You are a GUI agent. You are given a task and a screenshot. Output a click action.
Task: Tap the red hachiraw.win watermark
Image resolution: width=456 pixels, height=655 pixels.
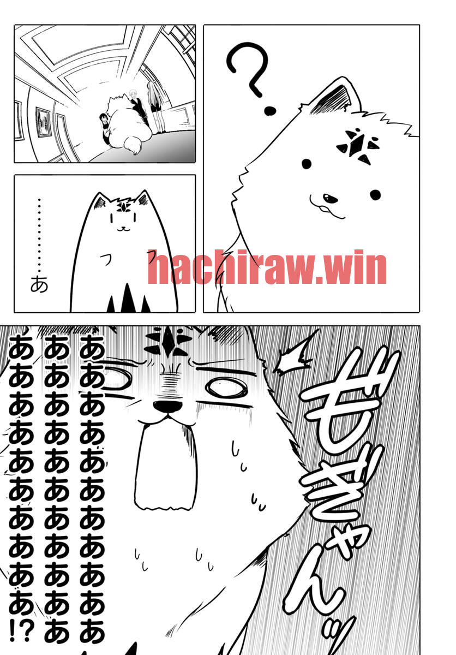267,267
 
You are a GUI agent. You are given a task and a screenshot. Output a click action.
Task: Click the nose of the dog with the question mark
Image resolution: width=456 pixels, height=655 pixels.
331,199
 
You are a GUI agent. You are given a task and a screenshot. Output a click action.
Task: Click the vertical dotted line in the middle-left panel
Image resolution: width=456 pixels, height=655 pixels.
39,235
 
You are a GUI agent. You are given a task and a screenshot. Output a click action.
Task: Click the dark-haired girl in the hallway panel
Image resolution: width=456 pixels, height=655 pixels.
105,129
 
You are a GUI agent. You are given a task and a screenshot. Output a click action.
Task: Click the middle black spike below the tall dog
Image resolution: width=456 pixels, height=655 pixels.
127,297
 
